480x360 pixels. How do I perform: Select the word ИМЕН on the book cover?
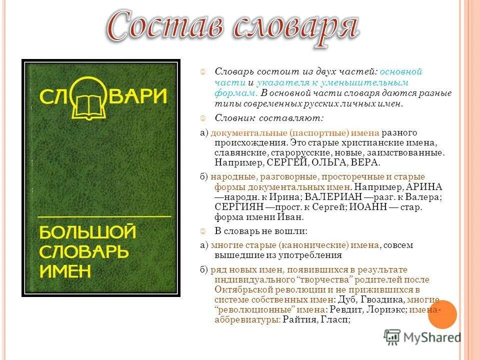pos(65,270)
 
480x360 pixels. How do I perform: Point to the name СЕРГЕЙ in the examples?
pos(286,163)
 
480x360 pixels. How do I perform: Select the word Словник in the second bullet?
pos(233,118)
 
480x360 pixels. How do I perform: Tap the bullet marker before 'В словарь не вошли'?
pos(203,231)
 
